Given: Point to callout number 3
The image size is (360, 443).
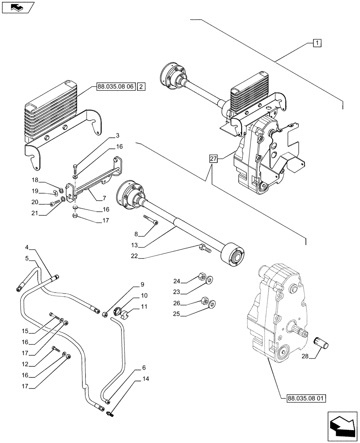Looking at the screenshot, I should (x=105, y=135).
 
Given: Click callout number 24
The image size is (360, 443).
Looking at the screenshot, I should (x=177, y=280).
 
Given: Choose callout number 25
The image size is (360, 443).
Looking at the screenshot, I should (x=177, y=314).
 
